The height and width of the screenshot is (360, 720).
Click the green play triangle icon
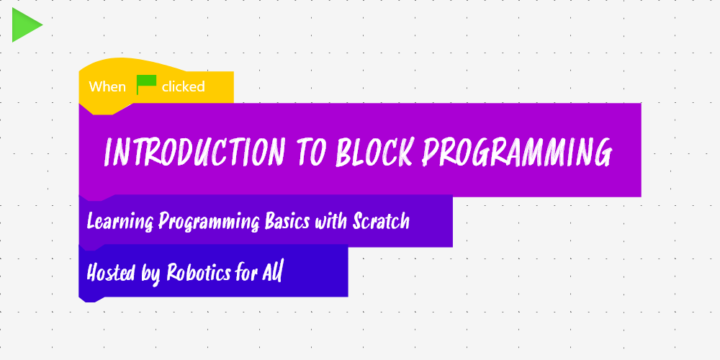[25, 24]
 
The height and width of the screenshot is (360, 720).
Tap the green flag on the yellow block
[146, 84]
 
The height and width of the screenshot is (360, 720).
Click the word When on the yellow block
[107, 87]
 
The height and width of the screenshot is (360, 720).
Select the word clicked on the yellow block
[183, 87]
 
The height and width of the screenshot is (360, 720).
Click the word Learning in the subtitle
[120, 222]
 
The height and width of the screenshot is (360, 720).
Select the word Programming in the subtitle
[209, 222]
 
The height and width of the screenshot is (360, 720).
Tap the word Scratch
[381, 222]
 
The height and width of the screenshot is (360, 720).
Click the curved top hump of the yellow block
[132, 65]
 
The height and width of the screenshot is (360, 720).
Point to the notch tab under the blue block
[91, 300]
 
